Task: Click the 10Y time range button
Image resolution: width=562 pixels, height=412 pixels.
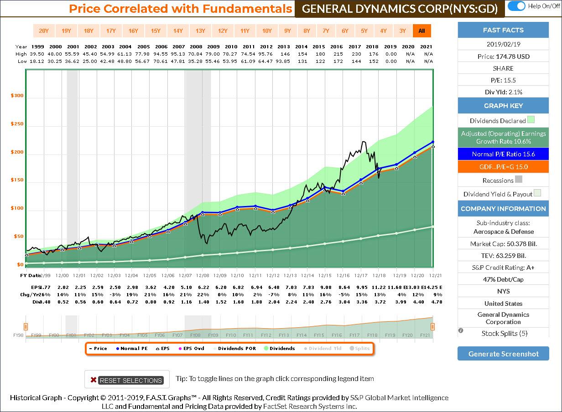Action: [x=267, y=31]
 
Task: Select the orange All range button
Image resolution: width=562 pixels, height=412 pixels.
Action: [x=421, y=31]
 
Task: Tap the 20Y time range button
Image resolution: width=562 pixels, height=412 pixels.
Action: [x=44, y=31]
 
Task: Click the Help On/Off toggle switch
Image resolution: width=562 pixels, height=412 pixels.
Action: [x=516, y=6]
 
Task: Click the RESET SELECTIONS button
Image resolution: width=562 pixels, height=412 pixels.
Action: [x=127, y=380]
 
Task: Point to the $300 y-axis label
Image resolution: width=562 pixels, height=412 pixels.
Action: [x=17, y=96]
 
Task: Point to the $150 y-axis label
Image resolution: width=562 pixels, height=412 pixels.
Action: [x=17, y=180]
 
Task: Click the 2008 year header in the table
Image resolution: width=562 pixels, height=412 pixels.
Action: [x=196, y=46]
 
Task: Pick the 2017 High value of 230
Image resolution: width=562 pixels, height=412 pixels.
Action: [x=355, y=54]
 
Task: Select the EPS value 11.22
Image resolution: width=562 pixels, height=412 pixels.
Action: [x=373, y=288]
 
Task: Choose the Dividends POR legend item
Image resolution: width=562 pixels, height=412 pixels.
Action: [x=233, y=349]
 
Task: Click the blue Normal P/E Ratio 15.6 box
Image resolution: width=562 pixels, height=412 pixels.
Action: [x=503, y=154]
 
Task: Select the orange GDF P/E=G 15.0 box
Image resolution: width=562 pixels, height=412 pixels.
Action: [x=503, y=167]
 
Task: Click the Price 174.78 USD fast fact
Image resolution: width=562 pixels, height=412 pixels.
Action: [x=503, y=57]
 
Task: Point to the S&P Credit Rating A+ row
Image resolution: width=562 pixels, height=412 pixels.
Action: [x=503, y=268]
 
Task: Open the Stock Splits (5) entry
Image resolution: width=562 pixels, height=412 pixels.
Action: [x=504, y=333]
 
